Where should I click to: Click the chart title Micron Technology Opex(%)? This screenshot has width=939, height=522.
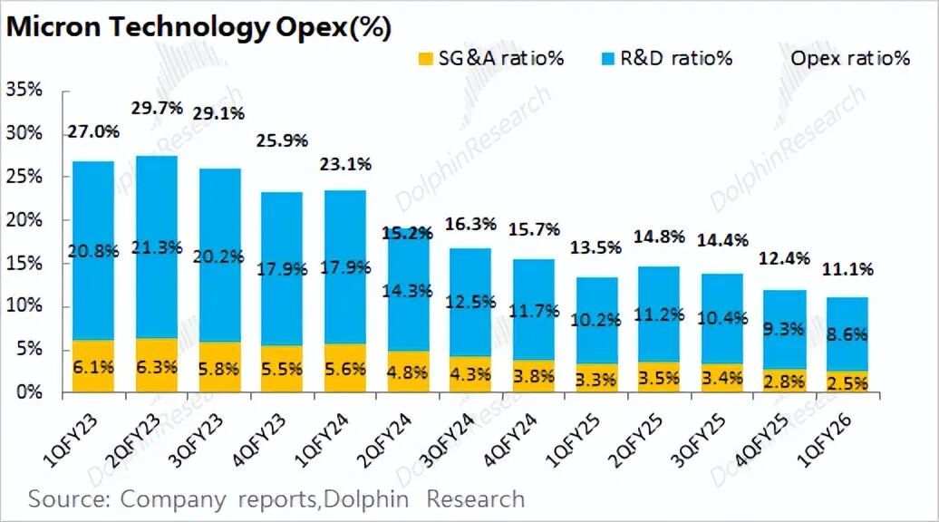[x=199, y=28]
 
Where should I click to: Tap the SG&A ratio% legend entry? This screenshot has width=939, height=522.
[x=490, y=59]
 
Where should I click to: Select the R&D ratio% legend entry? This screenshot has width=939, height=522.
[x=666, y=59]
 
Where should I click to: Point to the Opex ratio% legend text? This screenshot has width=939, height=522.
[x=850, y=59]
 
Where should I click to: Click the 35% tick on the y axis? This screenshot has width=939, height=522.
[x=24, y=90]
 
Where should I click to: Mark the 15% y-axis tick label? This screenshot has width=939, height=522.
[x=24, y=264]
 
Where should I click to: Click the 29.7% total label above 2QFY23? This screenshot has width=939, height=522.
[x=158, y=109]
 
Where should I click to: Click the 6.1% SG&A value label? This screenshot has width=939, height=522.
[x=94, y=369]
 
